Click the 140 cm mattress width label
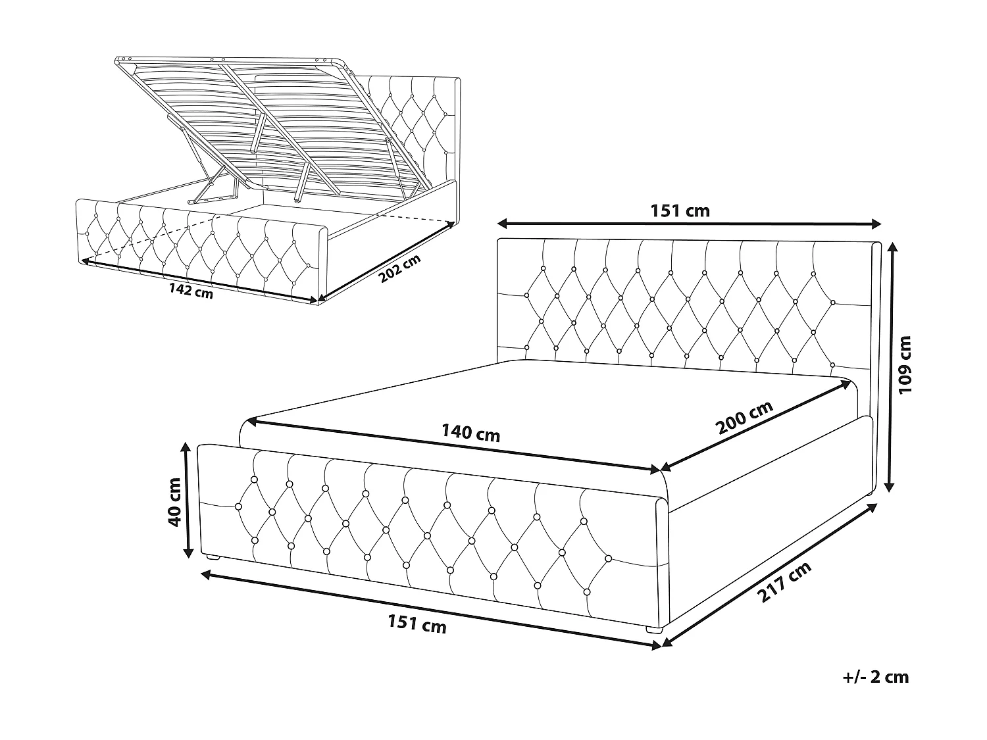click(x=470, y=433)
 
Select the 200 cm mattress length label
click(x=745, y=418)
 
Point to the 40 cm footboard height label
click(x=175, y=501)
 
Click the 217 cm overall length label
click(x=784, y=583)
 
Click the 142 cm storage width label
click(x=191, y=291)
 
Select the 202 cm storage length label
click(x=399, y=269)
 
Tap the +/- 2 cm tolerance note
click(x=876, y=677)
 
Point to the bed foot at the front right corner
click(x=653, y=629)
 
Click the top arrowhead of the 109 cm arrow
click(x=892, y=248)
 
